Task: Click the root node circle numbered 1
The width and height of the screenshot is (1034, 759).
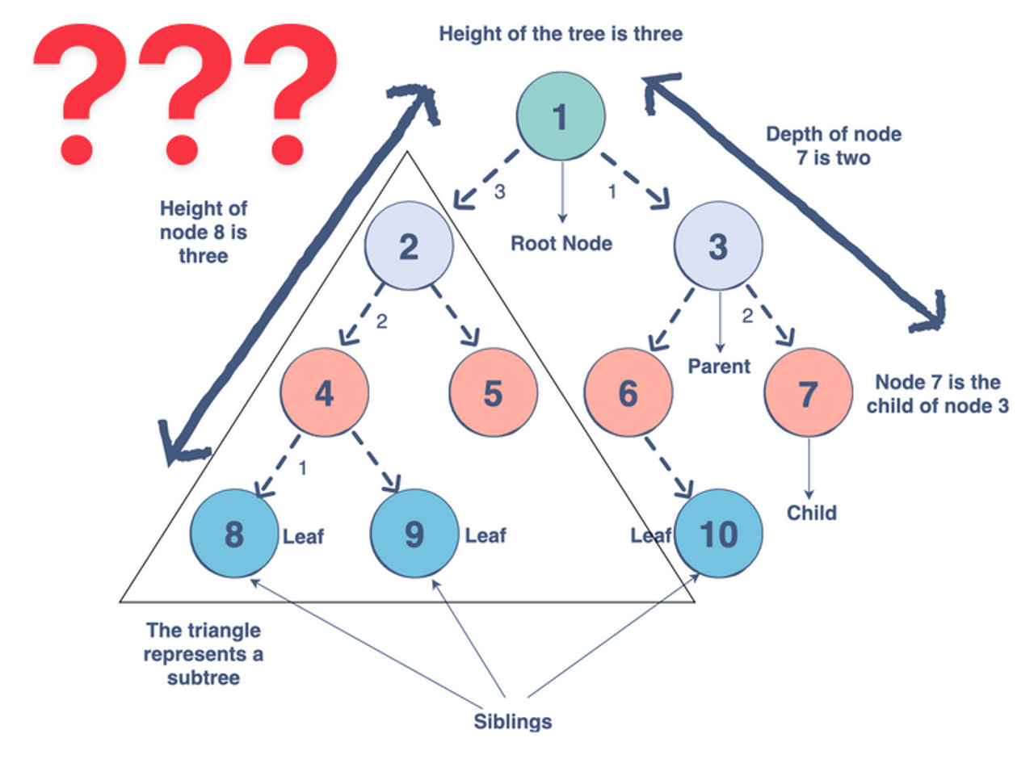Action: [x=561, y=117]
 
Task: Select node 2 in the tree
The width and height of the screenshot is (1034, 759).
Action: [x=409, y=246]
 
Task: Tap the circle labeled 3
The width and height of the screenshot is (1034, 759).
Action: [x=718, y=246]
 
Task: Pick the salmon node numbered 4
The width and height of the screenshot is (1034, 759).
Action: [x=324, y=392]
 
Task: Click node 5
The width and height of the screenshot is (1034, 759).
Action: [x=493, y=392]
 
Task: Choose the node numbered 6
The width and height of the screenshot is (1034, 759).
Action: [x=628, y=392]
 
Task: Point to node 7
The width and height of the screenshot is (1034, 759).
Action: [x=808, y=392]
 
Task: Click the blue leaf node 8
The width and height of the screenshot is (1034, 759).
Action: [x=234, y=534]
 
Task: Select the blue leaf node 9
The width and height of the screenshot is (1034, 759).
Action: [x=414, y=534]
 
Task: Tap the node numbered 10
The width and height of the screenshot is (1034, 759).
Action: [x=718, y=534]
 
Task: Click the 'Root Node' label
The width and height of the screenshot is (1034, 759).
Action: [x=561, y=243]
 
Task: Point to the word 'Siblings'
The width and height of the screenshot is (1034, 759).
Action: [x=513, y=720]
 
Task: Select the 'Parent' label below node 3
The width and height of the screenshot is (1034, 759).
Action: [x=719, y=367]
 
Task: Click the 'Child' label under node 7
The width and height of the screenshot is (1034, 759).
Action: [x=812, y=513]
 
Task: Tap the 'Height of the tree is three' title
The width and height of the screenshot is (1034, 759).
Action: [x=561, y=35]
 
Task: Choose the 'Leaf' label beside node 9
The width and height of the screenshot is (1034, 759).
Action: [x=485, y=535]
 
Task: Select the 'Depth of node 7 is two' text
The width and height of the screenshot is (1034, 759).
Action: [x=833, y=145]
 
